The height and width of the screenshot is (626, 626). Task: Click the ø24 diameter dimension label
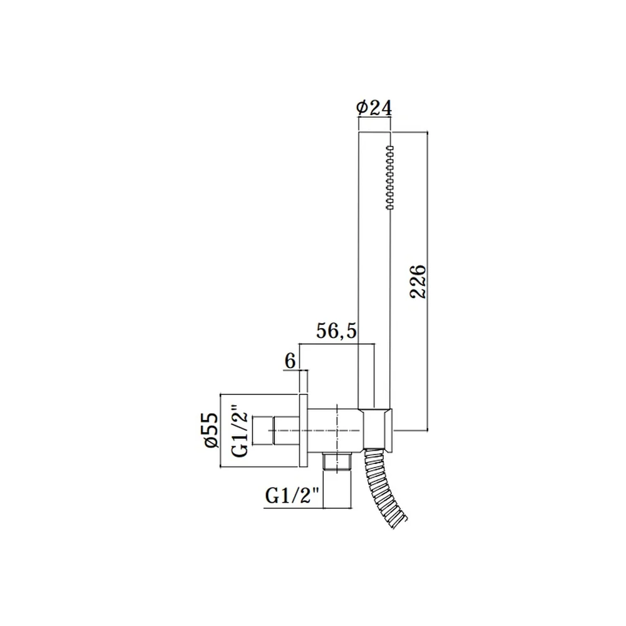[x=374, y=108]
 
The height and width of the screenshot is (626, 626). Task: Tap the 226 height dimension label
[x=418, y=281]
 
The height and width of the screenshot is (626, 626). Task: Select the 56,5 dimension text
[x=336, y=331]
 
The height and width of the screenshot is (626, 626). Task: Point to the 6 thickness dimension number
[x=290, y=361]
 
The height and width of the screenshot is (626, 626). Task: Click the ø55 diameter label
[x=212, y=430]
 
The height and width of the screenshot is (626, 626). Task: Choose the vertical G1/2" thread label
[x=240, y=431]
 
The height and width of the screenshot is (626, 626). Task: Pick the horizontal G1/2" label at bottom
[x=292, y=496]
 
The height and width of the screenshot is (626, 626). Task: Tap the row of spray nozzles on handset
[x=390, y=178]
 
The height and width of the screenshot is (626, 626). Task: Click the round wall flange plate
[x=303, y=431]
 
